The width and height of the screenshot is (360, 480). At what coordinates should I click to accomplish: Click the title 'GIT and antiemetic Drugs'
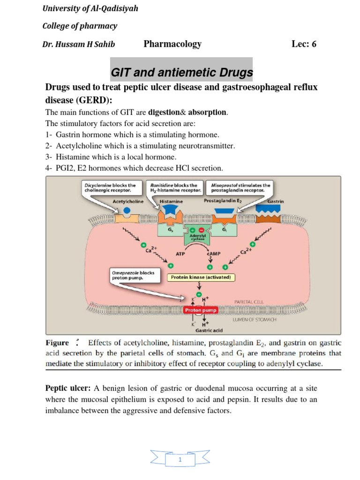point(181,73)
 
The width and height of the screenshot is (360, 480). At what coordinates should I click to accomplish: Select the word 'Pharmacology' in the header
point(172,44)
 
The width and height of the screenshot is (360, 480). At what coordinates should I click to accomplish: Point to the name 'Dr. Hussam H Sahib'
point(79,45)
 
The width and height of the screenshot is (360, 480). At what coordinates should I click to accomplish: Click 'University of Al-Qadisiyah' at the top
point(90,8)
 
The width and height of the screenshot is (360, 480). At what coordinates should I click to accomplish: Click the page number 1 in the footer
point(180,460)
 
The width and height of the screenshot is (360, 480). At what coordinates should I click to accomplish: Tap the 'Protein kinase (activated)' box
point(202,277)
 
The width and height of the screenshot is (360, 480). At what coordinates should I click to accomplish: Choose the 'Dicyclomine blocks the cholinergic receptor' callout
point(110,187)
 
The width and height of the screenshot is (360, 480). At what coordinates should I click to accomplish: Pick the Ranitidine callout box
point(175,187)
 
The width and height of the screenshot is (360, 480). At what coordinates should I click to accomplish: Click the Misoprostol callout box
point(241,187)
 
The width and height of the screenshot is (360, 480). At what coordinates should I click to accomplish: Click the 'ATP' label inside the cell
point(180,253)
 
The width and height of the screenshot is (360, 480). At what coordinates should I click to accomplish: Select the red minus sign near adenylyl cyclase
point(202,230)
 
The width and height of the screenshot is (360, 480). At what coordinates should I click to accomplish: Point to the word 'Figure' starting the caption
point(57,343)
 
